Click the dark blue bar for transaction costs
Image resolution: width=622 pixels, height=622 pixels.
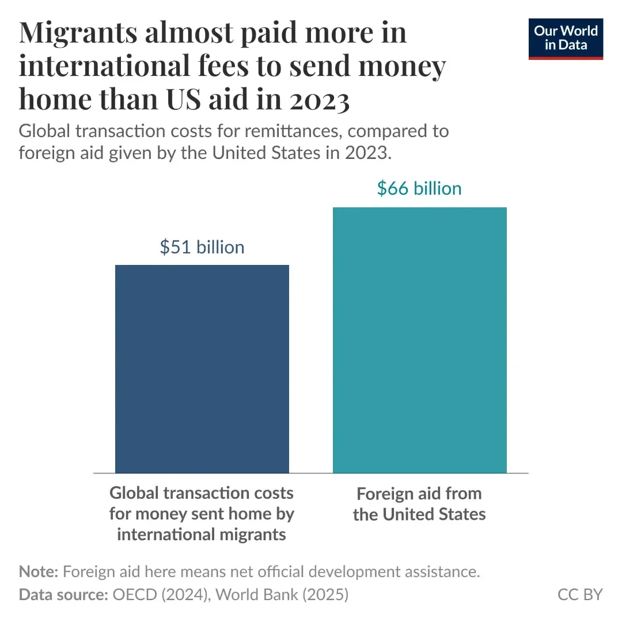click(202, 369)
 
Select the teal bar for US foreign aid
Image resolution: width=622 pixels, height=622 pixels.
click(420, 340)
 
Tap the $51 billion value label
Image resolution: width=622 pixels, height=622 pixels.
click(202, 247)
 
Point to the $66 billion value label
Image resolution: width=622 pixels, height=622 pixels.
click(419, 188)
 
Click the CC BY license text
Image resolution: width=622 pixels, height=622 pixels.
click(580, 594)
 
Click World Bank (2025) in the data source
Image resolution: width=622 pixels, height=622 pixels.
click(280, 594)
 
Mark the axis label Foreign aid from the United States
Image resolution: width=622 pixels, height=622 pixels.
click(419, 503)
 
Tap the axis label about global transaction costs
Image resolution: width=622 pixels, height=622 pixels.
click(202, 513)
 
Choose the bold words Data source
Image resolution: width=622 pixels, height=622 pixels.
click(63, 594)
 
